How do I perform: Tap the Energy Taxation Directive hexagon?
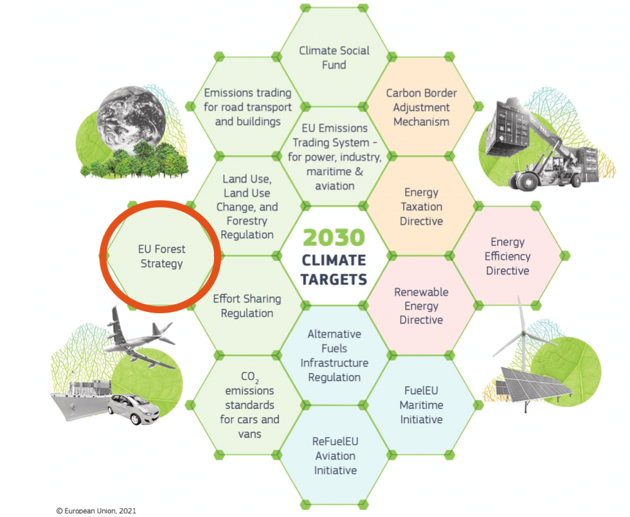pyautogui.click(x=422, y=206)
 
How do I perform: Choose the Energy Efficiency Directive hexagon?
pyautogui.click(x=507, y=256)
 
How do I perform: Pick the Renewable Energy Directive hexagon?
pyautogui.click(x=422, y=305)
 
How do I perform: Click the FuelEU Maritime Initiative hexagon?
pyautogui.click(x=422, y=405)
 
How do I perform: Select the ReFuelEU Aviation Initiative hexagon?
pyautogui.click(x=335, y=455)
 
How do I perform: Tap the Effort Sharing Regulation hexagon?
pyautogui.click(x=248, y=306)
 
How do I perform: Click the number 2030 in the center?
pyautogui.click(x=334, y=238)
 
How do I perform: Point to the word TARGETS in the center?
pyautogui.click(x=335, y=280)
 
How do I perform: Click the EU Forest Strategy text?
pyautogui.click(x=161, y=256)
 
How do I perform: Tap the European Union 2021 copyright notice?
pyautogui.click(x=96, y=511)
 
